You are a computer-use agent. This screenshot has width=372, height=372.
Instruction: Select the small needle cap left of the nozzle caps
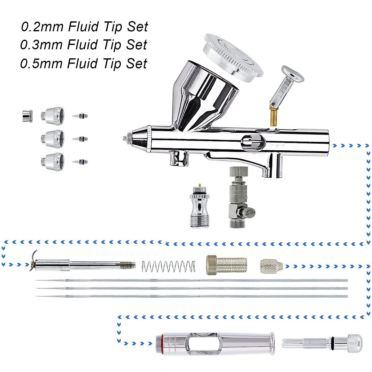click(27, 116)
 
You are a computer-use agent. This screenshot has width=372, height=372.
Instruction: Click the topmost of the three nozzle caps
click(52, 116)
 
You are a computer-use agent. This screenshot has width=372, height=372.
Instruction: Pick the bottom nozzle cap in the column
click(52, 161)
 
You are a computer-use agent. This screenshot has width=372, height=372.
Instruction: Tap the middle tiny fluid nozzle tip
click(80, 139)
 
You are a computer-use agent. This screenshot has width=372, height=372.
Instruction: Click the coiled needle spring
click(168, 266)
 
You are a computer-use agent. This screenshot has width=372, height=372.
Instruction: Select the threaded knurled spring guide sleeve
click(226, 265)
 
